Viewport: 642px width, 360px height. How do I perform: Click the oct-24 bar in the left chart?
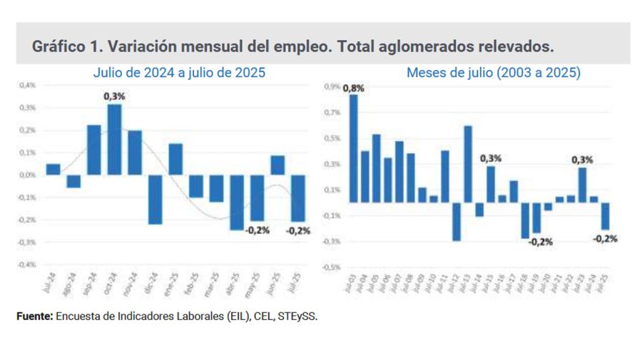(x=114, y=140)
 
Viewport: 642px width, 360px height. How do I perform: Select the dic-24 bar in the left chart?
(x=155, y=199)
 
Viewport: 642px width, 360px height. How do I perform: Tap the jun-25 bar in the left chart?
(x=277, y=165)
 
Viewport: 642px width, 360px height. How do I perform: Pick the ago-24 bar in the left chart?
(x=73, y=181)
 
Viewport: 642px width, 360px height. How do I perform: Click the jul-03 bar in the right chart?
(x=353, y=148)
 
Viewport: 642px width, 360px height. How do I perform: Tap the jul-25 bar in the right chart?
(x=606, y=216)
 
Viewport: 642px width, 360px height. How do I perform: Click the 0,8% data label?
(x=353, y=88)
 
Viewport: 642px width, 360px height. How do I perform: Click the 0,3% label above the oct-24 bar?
(x=114, y=96)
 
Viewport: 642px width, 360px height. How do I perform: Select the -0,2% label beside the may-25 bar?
(x=257, y=230)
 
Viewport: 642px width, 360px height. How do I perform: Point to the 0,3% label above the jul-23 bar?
(x=583, y=159)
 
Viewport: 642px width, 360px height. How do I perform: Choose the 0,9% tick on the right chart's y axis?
(x=332, y=86)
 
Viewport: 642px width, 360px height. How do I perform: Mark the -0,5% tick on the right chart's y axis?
(x=332, y=267)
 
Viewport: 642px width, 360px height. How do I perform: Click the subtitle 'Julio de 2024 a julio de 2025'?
(x=179, y=73)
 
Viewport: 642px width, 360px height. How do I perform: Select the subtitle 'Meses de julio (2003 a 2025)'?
(x=493, y=73)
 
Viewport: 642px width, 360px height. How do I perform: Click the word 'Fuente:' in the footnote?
(x=34, y=317)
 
